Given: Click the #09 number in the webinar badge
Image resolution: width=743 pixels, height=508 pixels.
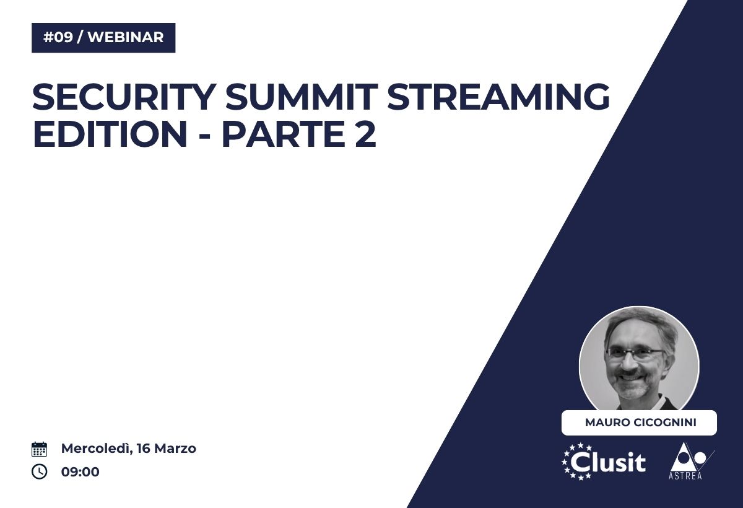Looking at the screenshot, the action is pyautogui.click(x=58, y=37).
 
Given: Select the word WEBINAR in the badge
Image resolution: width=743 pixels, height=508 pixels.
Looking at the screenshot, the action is pyautogui.click(x=126, y=37).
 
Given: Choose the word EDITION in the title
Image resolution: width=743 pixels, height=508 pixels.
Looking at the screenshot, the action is pyautogui.click(x=110, y=134).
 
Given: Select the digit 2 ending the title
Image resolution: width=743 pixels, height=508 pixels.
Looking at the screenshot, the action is pyautogui.click(x=365, y=134).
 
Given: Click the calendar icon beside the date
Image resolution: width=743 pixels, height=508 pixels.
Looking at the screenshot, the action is pyautogui.click(x=40, y=449).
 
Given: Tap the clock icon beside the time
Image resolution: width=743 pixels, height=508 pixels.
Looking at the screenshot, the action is pyautogui.click(x=40, y=471).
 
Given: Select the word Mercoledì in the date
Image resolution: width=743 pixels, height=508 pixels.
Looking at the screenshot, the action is pyautogui.click(x=97, y=449).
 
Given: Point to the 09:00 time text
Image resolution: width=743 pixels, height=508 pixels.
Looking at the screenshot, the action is pyautogui.click(x=80, y=472).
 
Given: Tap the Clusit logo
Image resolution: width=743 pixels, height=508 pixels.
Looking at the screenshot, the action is pyautogui.click(x=604, y=462).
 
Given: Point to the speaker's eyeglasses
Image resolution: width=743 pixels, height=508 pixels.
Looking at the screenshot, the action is pyautogui.click(x=635, y=354).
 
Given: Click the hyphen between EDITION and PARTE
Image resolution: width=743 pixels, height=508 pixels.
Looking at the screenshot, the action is pyautogui.click(x=205, y=136).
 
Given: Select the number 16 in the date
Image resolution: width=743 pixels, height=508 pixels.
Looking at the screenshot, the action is pyautogui.click(x=144, y=449).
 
